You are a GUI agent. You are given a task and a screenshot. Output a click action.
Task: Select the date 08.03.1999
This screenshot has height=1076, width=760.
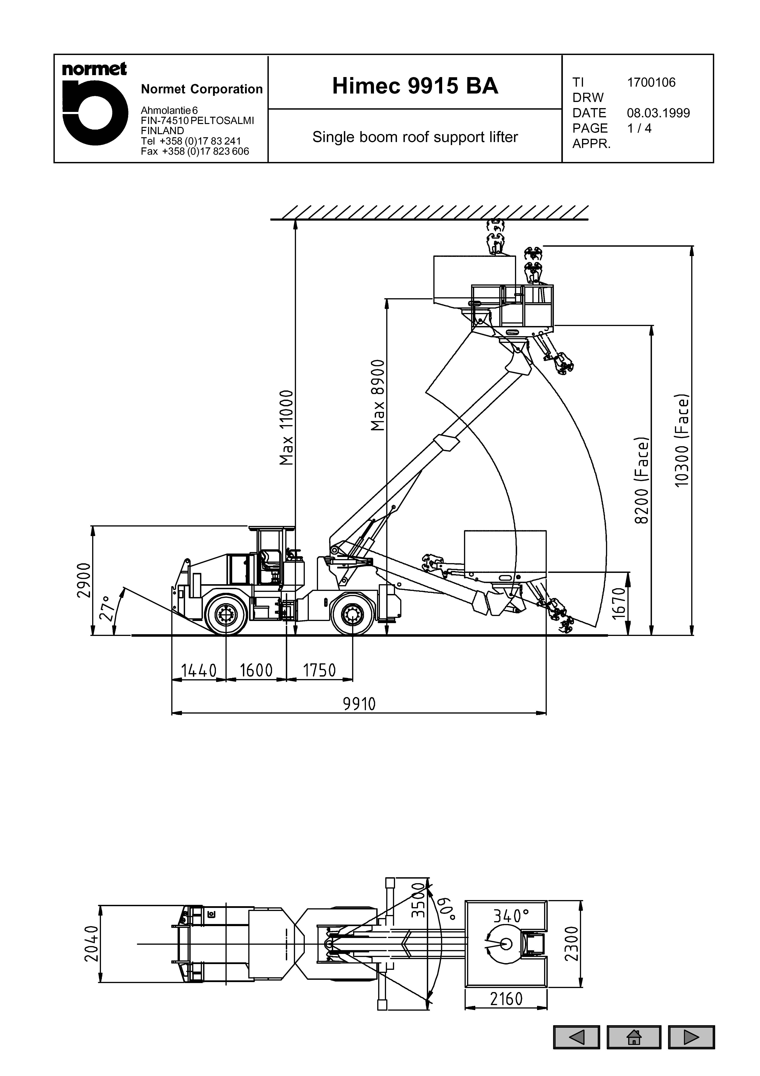pos(658,113)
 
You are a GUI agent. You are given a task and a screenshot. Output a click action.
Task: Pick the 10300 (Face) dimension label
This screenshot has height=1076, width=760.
pos(682,440)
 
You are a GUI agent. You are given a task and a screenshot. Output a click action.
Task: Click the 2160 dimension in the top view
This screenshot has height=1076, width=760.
pos(506,999)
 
